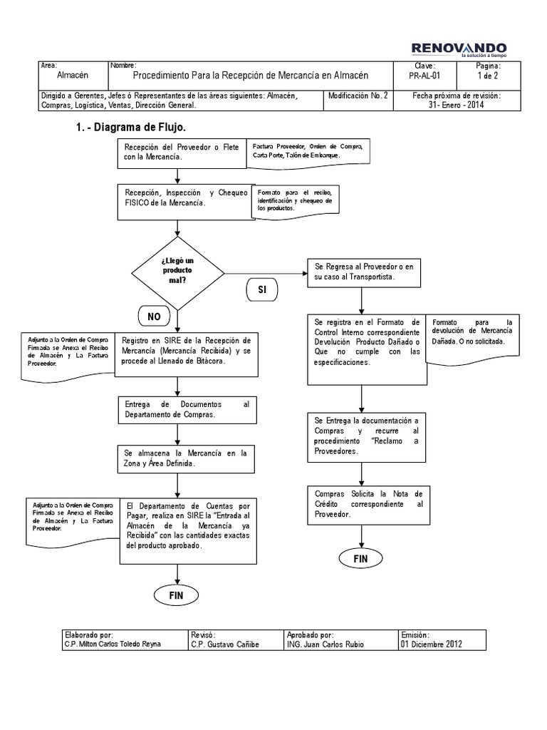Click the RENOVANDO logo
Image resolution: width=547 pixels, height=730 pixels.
pyautogui.click(x=459, y=48)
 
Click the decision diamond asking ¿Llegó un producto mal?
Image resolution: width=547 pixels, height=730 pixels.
pyautogui.click(x=177, y=271)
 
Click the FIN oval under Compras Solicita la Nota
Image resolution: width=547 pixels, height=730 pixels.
pyautogui.click(x=360, y=558)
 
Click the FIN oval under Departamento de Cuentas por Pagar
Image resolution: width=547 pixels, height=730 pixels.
pyautogui.click(x=177, y=593)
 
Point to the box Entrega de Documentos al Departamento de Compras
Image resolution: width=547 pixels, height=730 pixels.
pyautogui.click(x=187, y=409)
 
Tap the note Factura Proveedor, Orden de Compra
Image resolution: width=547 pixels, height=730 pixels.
pyautogui.click(x=307, y=151)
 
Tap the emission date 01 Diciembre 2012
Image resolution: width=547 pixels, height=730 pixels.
pyautogui.click(x=432, y=644)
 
